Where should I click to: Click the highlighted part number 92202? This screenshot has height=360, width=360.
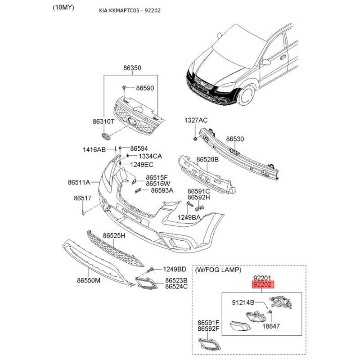pyautogui.click(x=263, y=285)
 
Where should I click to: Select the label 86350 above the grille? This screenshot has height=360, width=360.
pyautogui.click(x=132, y=68)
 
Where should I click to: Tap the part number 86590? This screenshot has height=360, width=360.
pyautogui.click(x=145, y=88)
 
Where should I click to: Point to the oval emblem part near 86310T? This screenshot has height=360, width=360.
pyautogui.click(x=106, y=136)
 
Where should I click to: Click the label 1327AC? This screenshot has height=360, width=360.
pyautogui.click(x=196, y=120)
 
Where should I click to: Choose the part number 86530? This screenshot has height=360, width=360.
pyautogui.click(x=235, y=139)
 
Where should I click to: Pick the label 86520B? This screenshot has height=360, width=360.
pyautogui.click(x=207, y=159)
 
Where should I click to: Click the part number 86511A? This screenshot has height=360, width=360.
pyautogui.click(x=79, y=182)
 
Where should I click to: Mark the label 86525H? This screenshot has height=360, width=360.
pyautogui.click(x=114, y=235)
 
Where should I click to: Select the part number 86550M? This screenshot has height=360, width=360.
pyautogui.click(x=89, y=280)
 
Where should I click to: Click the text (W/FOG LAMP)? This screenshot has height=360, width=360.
pyautogui.click(x=218, y=270)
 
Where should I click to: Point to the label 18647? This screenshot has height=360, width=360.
pyautogui.click(x=271, y=326)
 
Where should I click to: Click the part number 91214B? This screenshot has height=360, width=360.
pyautogui.click(x=243, y=302)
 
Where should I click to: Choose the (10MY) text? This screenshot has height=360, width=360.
pyautogui.click(x=63, y=8)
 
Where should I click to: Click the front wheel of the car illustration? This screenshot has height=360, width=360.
pyautogui.click(x=247, y=95)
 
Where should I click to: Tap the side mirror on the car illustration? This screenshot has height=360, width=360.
pyautogui.click(x=266, y=62)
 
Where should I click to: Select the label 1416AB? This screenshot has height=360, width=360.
pyautogui.click(x=94, y=150)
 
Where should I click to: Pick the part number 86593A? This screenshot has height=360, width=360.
pyautogui.click(x=162, y=190)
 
